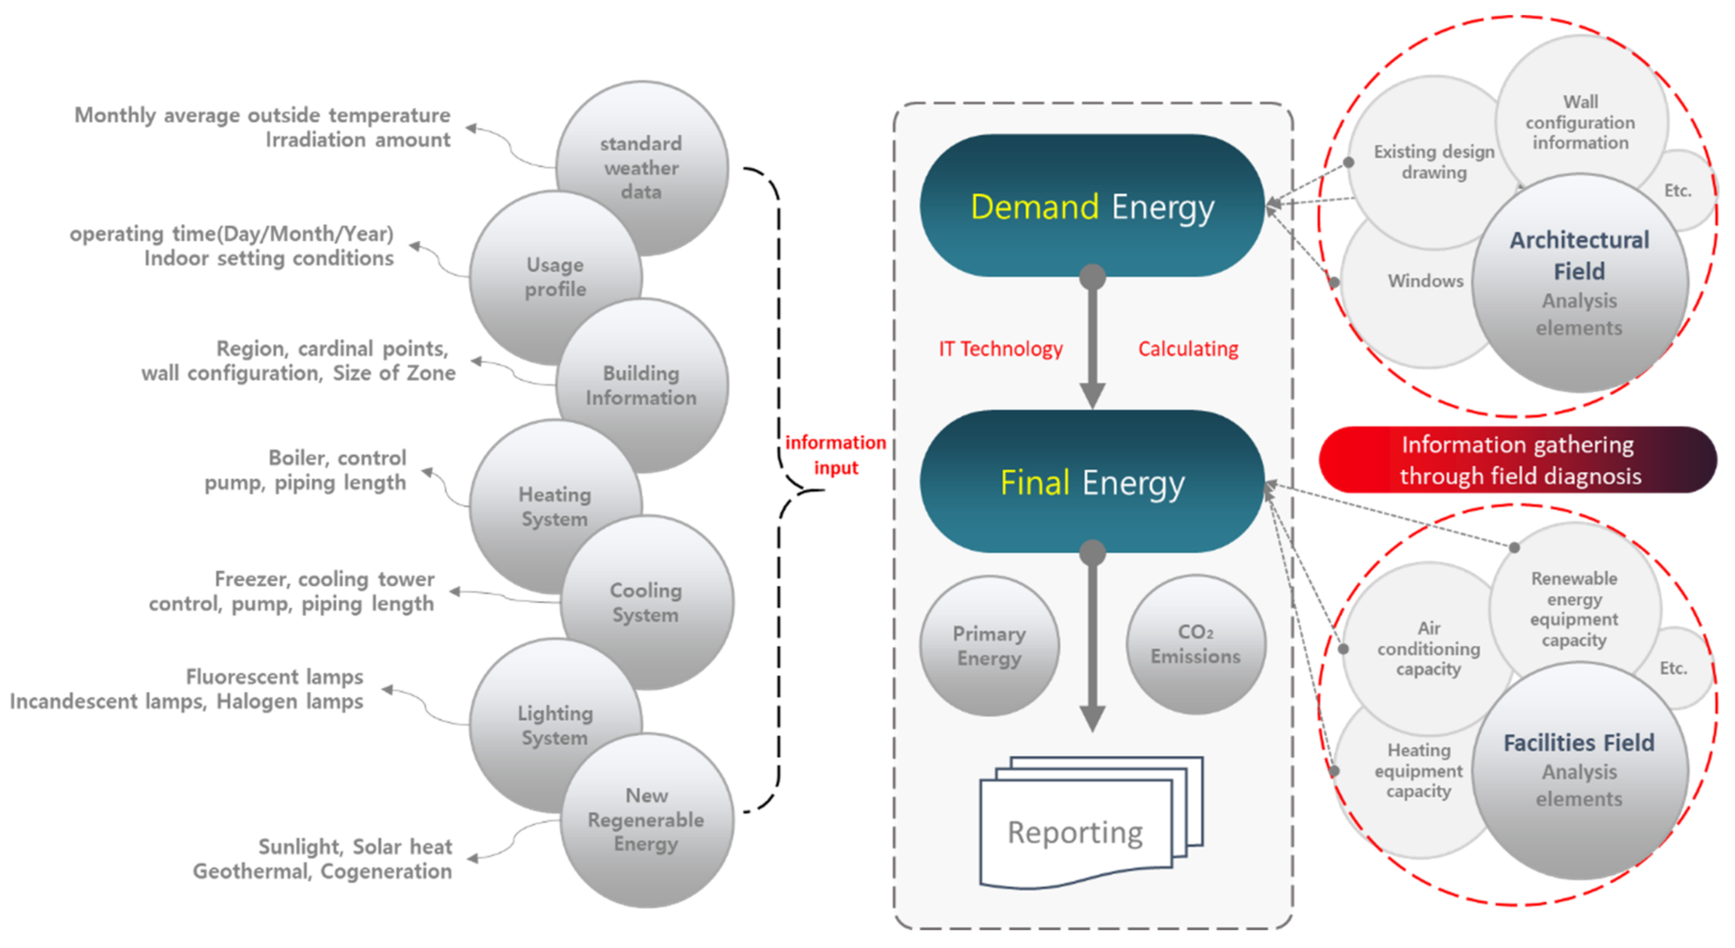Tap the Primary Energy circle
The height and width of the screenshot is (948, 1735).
[x=989, y=646]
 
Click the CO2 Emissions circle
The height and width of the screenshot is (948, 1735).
[x=1196, y=644]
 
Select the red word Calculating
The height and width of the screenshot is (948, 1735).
[x=1188, y=349]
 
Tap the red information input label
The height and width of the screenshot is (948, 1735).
[x=835, y=454]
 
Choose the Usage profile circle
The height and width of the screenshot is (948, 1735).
[x=555, y=276]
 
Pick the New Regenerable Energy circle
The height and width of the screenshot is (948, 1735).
[x=646, y=820]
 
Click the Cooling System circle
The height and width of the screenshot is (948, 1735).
[x=646, y=602]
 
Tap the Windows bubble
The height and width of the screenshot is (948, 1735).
[x=1424, y=281]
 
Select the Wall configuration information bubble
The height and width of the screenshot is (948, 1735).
[x=1580, y=122]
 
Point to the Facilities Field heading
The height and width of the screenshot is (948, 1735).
[x=1579, y=743]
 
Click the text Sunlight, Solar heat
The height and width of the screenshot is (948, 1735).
[x=355, y=846]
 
